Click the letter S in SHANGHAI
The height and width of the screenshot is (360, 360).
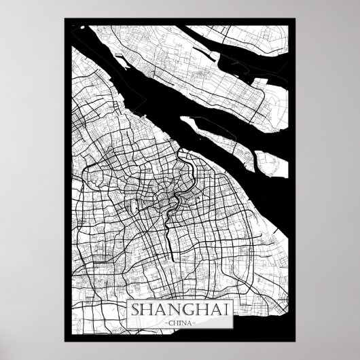(132, 310)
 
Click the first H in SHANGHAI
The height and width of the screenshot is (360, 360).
(143, 310)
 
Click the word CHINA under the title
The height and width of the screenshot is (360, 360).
(180, 323)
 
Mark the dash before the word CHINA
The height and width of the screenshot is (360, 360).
(162, 323)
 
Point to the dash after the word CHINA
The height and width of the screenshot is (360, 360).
(198, 323)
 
